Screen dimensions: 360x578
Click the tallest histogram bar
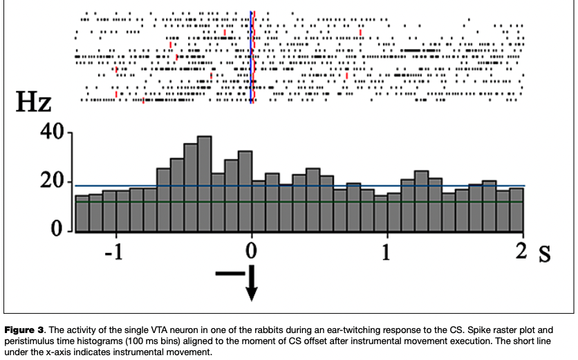204,184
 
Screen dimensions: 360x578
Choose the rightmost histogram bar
516,210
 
